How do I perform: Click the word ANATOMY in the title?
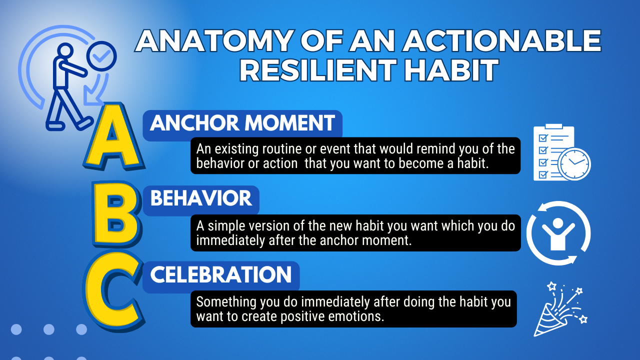tap(214, 40)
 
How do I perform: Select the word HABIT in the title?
tap(451, 70)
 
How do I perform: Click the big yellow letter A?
tap(114, 136)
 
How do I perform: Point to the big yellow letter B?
tap(117, 213)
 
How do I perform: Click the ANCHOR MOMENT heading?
tap(242, 123)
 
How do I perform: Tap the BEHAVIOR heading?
tap(201, 198)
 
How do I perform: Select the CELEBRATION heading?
tap(221, 274)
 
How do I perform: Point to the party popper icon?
tap(560, 309)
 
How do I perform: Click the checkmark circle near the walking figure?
tap(101, 56)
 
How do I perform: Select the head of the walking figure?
tap(65, 50)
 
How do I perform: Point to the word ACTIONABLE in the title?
tap(501, 40)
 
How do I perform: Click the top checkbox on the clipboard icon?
tap(543, 138)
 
